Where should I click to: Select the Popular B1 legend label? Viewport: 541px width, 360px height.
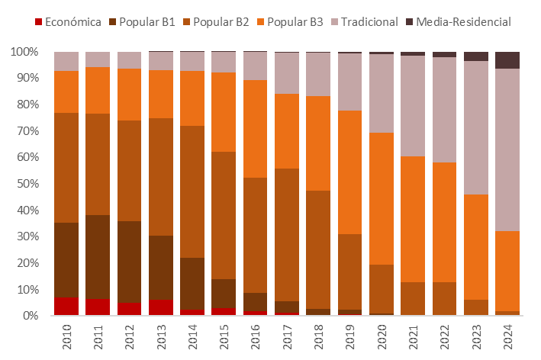147,21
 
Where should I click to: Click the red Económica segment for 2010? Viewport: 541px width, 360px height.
66,306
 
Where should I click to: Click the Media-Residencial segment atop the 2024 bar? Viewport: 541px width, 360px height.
507,60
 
